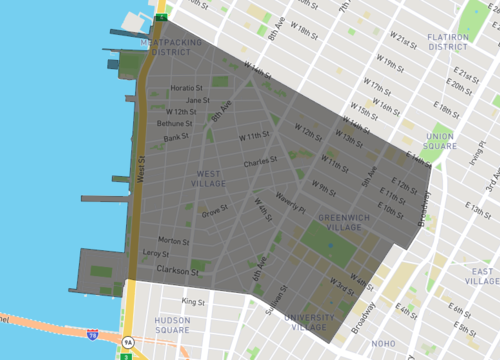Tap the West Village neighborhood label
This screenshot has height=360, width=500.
(x=209, y=178)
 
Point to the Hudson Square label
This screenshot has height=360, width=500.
(x=172, y=324)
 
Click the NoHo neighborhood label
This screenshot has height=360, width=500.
(x=384, y=345)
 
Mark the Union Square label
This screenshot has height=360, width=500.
(x=440, y=142)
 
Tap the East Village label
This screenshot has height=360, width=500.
(x=481, y=277)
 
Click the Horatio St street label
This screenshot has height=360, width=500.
(x=187, y=87)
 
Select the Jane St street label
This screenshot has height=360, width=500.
(x=198, y=100)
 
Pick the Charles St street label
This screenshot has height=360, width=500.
(x=259, y=163)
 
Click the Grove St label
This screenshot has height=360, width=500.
(x=214, y=212)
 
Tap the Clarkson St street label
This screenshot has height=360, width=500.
(x=182, y=268)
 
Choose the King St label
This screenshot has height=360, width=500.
(x=192, y=301)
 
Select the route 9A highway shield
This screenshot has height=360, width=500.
(x=128, y=342)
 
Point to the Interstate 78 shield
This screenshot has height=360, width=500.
(x=93, y=335)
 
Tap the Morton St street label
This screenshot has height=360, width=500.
(x=173, y=241)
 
